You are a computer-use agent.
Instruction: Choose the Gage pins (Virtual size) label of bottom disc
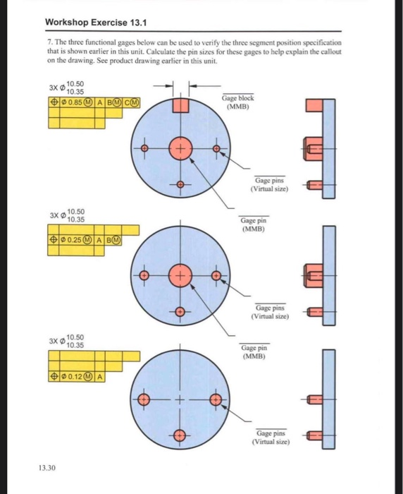coord(270,437)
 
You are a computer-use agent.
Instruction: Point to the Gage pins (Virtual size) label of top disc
coord(270,185)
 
